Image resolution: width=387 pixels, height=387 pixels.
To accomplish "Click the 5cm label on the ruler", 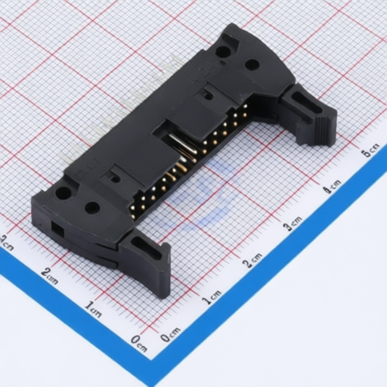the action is (x=370, y=150).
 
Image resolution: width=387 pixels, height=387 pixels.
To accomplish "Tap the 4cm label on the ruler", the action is (x=333, y=186).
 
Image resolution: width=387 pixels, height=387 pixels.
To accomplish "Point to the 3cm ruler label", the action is (x=293, y=223).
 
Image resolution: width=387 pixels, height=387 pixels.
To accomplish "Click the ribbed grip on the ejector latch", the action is (x=324, y=126).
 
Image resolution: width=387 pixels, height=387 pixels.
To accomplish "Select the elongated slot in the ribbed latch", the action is (x=308, y=103).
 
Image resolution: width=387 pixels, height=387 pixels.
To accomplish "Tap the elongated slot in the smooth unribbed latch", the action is (x=147, y=248).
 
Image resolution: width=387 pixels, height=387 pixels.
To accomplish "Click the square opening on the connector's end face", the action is (x=57, y=228).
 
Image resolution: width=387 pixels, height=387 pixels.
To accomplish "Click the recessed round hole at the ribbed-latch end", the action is (x=223, y=52).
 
